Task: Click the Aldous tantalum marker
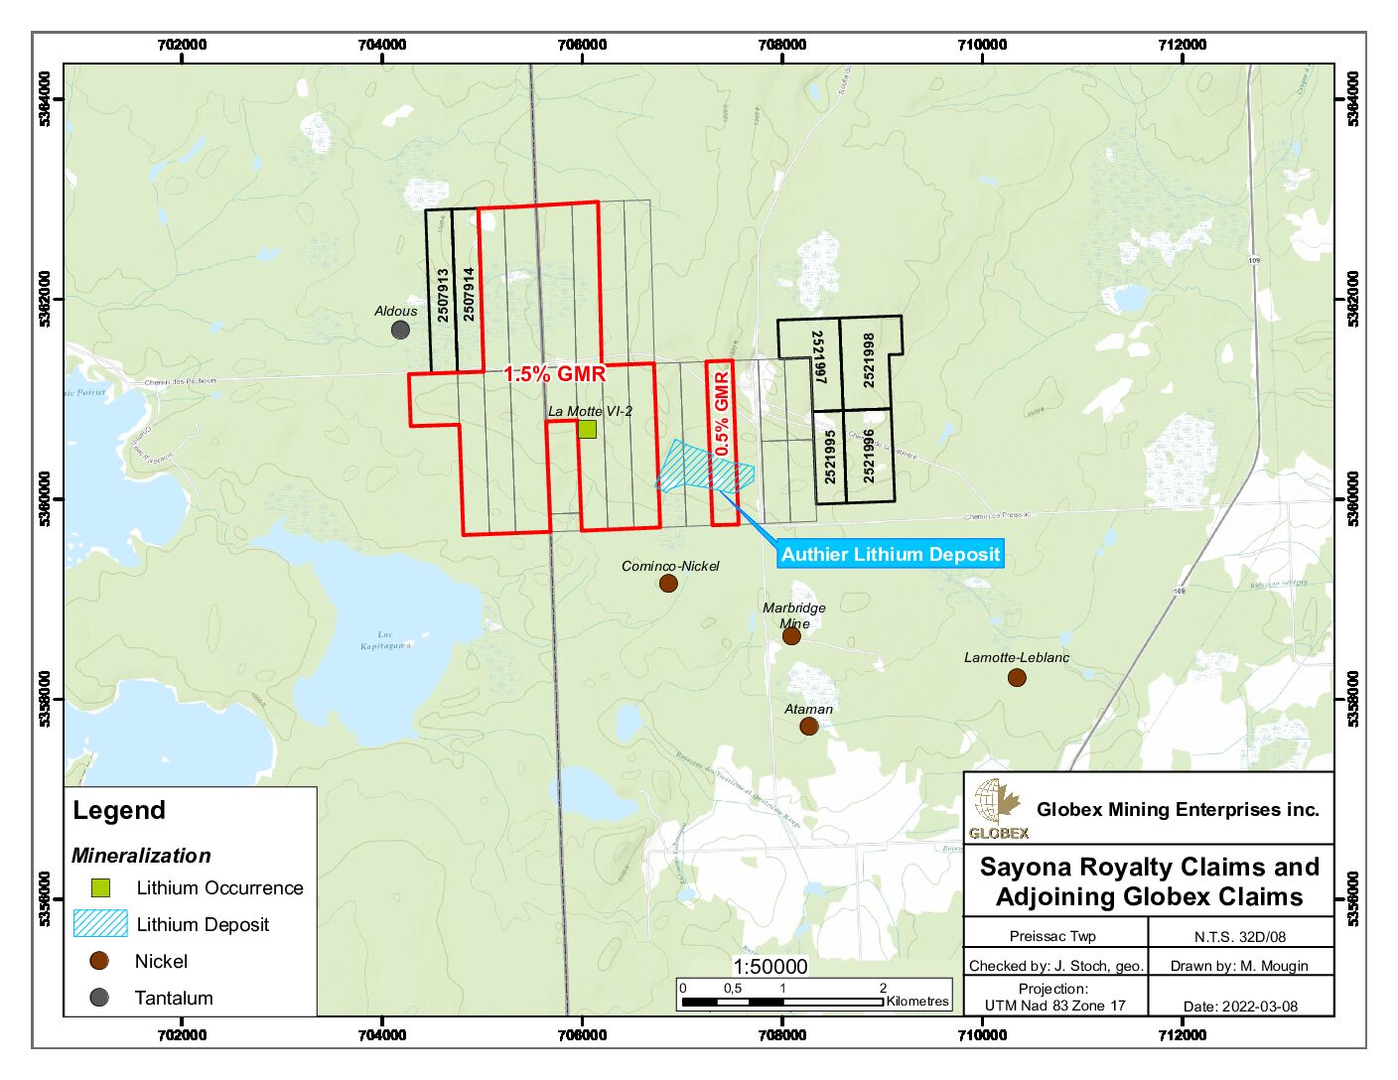(x=400, y=330)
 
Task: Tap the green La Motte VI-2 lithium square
(x=587, y=429)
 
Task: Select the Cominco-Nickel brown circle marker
(x=668, y=584)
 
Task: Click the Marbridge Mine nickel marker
(x=791, y=635)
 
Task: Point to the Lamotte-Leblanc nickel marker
(x=1017, y=678)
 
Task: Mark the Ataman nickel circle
(x=809, y=727)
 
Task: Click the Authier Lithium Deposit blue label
(x=890, y=554)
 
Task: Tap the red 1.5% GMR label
(x=554, y=374)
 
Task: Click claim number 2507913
(x=443, y=295)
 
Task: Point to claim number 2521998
(x=869, y=359)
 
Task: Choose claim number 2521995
(x=830, y=456)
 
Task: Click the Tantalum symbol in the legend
(x=99, y=998)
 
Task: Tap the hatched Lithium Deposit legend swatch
(x=100, y=924)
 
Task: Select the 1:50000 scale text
(x=770, y=967)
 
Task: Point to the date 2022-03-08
(x=1240, y=1006)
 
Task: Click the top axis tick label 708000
(x=781, y=45)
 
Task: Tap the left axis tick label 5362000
(x=45, y=299)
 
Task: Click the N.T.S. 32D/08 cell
(x=1240, y=936)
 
